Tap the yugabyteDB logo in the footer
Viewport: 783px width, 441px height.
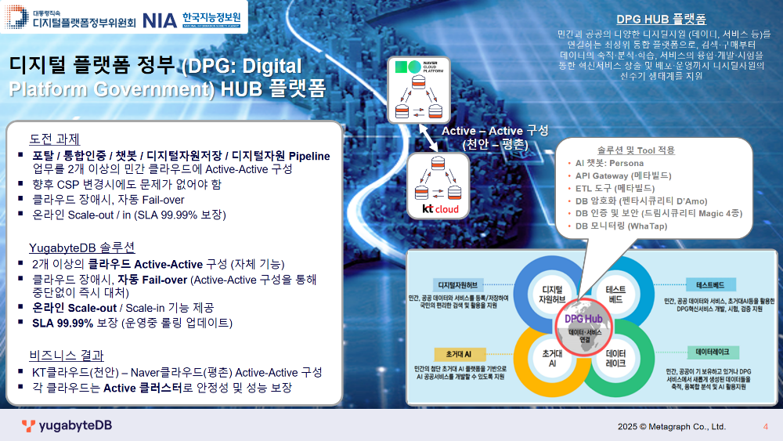pos(67,426)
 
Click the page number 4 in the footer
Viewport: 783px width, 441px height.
pos(765,427)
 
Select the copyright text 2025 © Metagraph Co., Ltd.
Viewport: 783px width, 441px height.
pos(671,427)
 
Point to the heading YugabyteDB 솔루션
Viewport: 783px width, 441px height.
pos(82,248)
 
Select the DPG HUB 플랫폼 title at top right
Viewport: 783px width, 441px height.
pos(662,19)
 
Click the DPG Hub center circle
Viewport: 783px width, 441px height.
pos(584,324)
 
